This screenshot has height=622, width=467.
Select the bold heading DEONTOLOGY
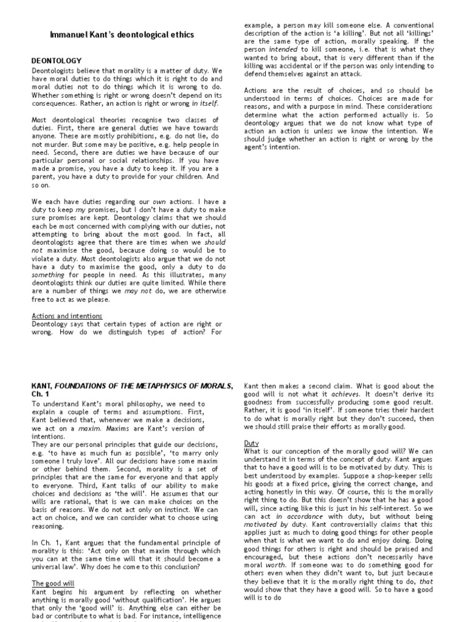pyautogui.click(x=57, y=61)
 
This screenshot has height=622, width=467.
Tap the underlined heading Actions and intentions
pyautogui.click(x=67, y=316)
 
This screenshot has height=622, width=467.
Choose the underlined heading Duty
pyautogui.click(x=251, y=443)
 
